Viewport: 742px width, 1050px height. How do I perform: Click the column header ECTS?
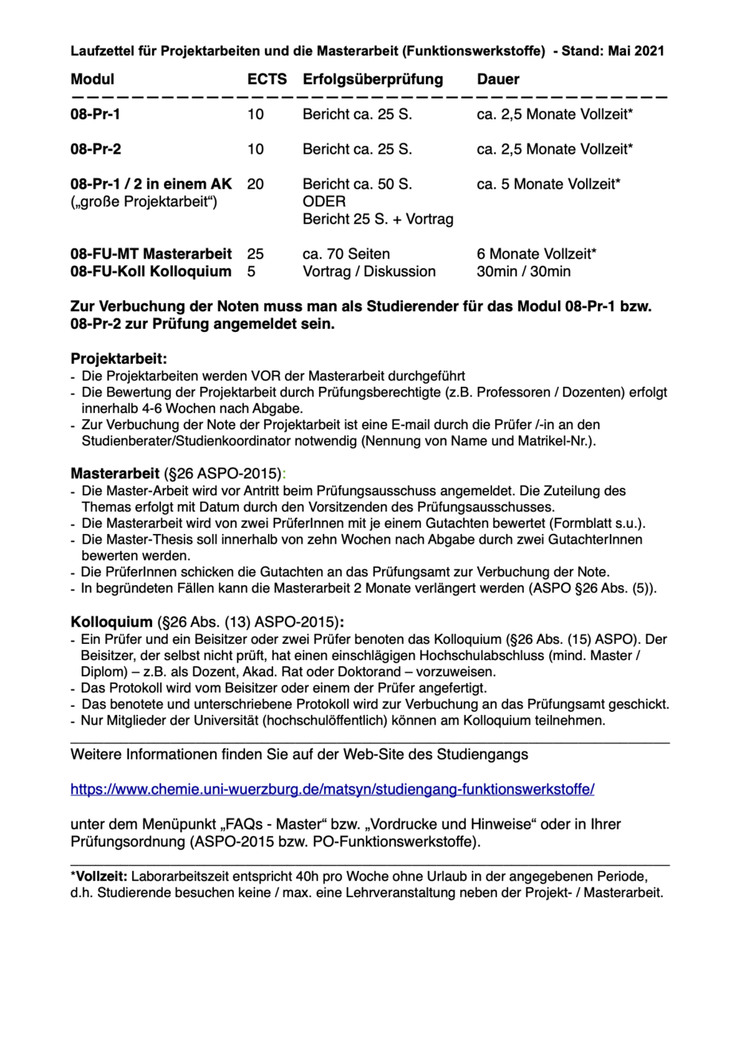[x=266, y=79]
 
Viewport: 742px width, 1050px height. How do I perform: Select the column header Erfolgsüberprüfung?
[x=372, y=79]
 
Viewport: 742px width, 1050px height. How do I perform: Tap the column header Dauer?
[x=498, y=79]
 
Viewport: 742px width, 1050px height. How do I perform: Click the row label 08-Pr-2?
[x=96, y=149]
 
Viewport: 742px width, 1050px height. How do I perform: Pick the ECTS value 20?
[x=255, y=184]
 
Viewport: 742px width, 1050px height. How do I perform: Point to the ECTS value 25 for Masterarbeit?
[x=255, y=254]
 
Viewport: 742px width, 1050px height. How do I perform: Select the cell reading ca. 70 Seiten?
[x=346, y=254]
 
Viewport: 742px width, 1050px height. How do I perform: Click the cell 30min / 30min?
[x=523, y=272]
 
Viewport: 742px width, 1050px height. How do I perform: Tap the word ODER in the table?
[x=324, y=202]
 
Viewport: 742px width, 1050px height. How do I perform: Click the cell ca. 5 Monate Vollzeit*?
[x=548, y=184]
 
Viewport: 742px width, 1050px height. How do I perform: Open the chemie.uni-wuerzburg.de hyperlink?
[x=332, y=789]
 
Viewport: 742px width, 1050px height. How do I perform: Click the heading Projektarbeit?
[x=119, y=359]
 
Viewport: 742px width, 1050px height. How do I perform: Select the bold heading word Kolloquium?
[x=111, y=622]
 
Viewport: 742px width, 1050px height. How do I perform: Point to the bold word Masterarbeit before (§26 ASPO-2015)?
[x=115, y=474]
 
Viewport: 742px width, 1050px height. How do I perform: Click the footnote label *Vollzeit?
[x=99, y=877]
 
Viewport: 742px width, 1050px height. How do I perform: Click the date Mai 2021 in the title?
[x=636, y=51]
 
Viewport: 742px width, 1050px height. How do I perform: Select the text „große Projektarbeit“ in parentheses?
[x=144, y=202]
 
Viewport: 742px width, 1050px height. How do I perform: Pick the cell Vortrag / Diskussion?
[x=369, y=272]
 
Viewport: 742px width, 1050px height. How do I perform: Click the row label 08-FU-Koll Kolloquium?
[x=151, y=272]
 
